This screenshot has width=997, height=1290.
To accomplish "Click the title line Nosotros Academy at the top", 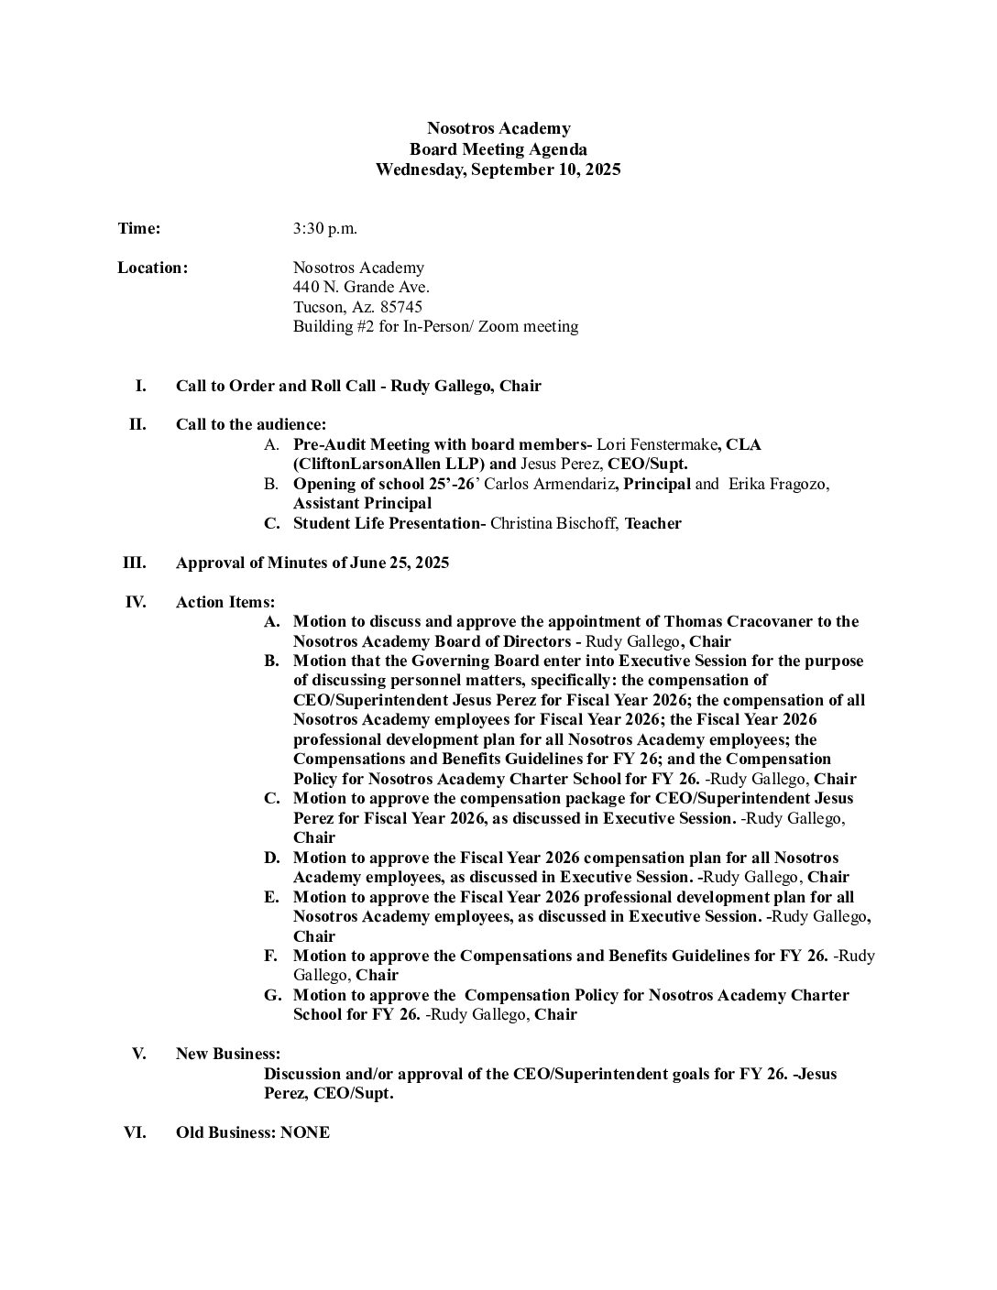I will coord(498,129).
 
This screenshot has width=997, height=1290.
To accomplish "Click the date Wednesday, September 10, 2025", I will coord(498,169).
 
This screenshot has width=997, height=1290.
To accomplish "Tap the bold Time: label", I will coord(139,228).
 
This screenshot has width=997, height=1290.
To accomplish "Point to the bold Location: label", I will coord(152,268).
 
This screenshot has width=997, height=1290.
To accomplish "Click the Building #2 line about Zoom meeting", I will coord(435,327).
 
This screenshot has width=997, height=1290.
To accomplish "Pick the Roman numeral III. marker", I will coord(134,563).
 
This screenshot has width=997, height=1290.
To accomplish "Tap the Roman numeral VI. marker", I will coord(134,1132).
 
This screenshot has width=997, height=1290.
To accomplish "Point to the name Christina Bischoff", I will coord(554,523).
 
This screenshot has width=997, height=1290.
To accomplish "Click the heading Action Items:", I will coord(225,602).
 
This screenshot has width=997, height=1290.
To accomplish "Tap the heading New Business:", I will coord(227,1054).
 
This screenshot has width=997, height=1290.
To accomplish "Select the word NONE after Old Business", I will coord(305,1132).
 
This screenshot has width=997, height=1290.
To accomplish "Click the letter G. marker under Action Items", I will coord(272,995).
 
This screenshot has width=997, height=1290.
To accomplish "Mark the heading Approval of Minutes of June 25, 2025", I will coord(312,563).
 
